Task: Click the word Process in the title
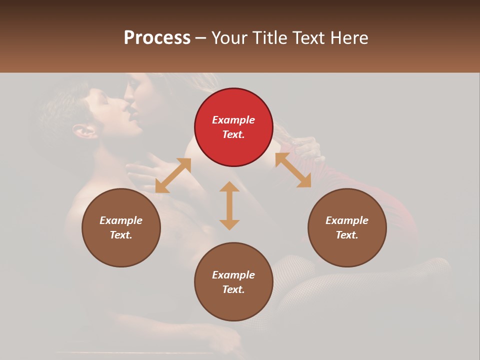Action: (157, 38)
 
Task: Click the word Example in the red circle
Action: (233, 120)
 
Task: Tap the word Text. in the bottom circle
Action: (233, 289)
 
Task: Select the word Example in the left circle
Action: (121, 220)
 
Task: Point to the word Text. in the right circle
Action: (347, 235)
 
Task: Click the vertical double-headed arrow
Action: (229, 205)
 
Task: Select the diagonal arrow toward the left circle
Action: (173, 175)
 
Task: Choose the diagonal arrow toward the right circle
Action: (293, 170)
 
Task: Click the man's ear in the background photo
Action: (84, 131)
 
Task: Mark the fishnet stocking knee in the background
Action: (300, 265)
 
